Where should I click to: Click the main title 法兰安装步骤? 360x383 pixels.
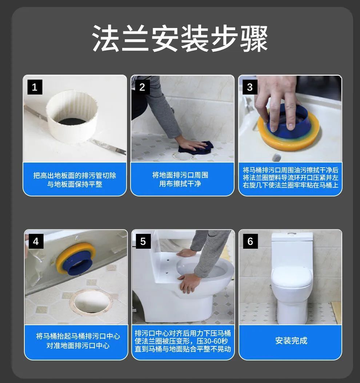click(x=180, y=38)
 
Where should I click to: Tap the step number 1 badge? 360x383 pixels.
click(x=35, y=87)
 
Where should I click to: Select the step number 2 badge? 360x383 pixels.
click(x=143, y=87)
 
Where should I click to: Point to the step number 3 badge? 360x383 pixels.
click(x=250, y=87)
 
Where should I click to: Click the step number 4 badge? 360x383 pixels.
click(x=36, y=241)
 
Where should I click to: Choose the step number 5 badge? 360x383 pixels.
click(x=143, y=241)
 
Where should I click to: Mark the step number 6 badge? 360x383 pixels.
click(x=250, y=241)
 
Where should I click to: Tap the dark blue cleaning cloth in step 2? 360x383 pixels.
click(x=196, y=147)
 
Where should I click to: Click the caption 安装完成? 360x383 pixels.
click(x=291, y=340)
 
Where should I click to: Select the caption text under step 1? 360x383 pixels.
click(x=75, y=180)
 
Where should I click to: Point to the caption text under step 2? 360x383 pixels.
click(x=180, y=179)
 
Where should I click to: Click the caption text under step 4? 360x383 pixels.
click(x=78, y=341)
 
